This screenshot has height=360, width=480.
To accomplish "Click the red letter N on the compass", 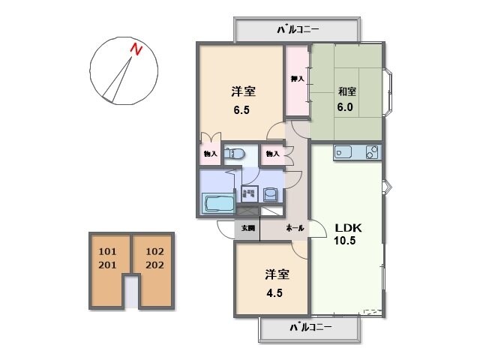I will [136, 50].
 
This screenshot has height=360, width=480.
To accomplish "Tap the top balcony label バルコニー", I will [298, 30].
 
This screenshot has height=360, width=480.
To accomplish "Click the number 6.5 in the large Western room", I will [241, 109].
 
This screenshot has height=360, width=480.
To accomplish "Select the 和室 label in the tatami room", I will [346, 91].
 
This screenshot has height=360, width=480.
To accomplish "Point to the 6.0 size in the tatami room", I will [345, 106].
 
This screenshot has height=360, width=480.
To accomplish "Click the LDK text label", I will [347, 227].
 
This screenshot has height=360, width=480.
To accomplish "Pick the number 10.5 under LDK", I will [346, 241].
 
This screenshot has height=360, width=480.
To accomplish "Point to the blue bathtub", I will [217, 203].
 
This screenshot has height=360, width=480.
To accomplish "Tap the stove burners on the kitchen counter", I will [373, 152].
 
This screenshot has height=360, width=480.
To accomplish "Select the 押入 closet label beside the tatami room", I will [297, 78].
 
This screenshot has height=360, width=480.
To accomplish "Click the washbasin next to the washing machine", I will [269, 193].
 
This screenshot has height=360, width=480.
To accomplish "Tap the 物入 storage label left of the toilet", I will [210, 154].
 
